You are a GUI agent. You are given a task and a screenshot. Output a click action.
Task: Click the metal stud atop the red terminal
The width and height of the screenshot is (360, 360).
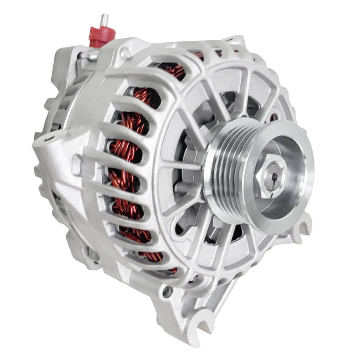(104, 20)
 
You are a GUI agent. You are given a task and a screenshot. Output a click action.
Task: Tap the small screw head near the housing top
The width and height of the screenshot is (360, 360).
(126, 54)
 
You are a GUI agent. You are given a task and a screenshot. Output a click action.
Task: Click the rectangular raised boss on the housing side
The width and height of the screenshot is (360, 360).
(77, 164)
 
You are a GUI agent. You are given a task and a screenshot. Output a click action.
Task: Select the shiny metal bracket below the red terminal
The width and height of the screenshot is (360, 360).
(92, 55)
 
